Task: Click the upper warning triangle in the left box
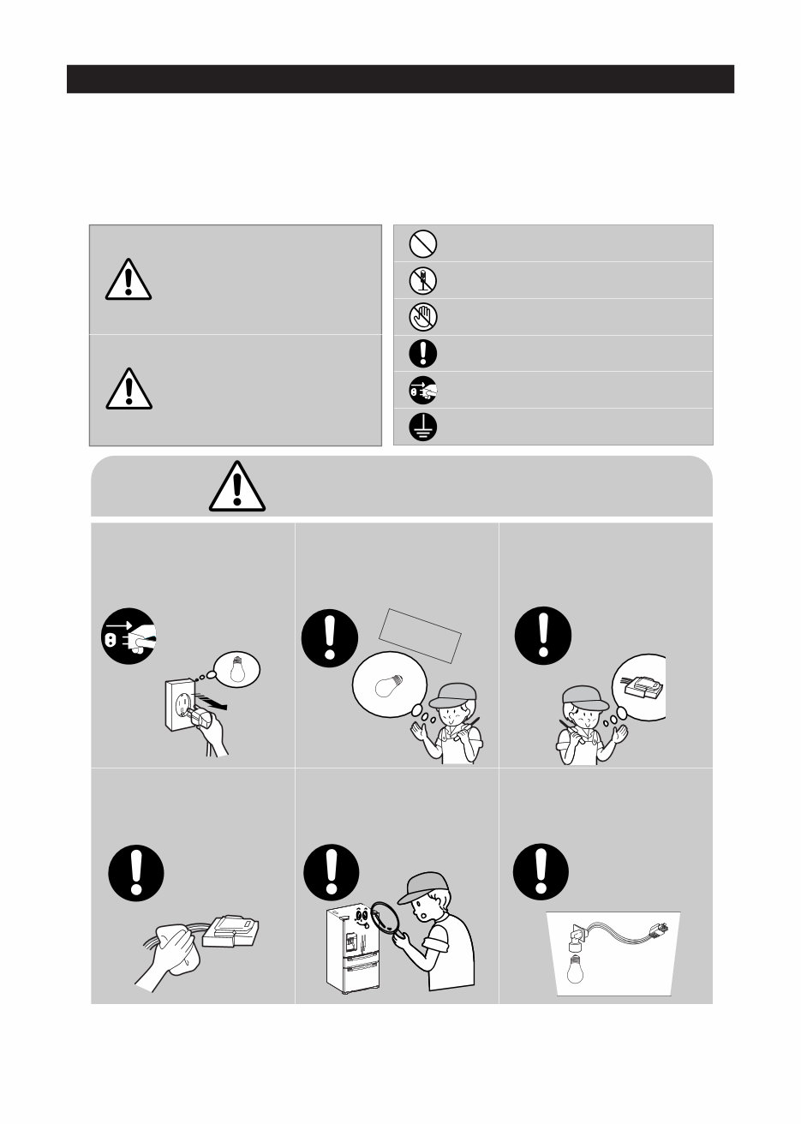coord(129,278)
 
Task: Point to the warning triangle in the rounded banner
coord(237,487)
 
